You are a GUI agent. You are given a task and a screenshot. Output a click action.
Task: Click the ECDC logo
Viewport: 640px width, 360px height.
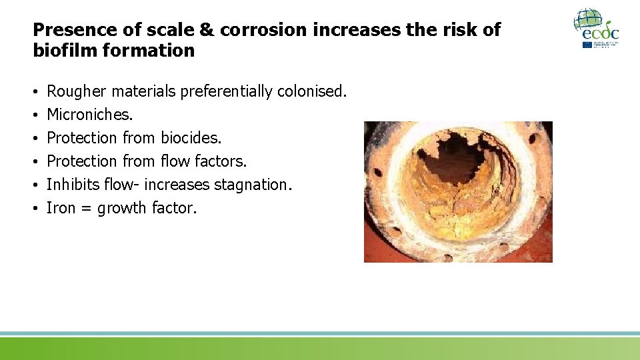click(597, 28)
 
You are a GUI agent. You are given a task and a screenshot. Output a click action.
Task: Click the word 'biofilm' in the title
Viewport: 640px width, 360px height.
click(61, 51)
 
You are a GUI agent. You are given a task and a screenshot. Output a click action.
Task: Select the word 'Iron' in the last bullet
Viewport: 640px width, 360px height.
click(61, 208)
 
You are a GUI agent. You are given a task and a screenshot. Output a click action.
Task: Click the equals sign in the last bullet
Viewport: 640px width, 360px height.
click(87, 209)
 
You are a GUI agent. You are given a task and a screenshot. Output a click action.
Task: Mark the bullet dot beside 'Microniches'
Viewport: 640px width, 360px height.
click(35, 115)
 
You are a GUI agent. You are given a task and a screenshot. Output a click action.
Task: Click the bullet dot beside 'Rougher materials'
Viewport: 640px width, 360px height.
click(35, 92)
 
